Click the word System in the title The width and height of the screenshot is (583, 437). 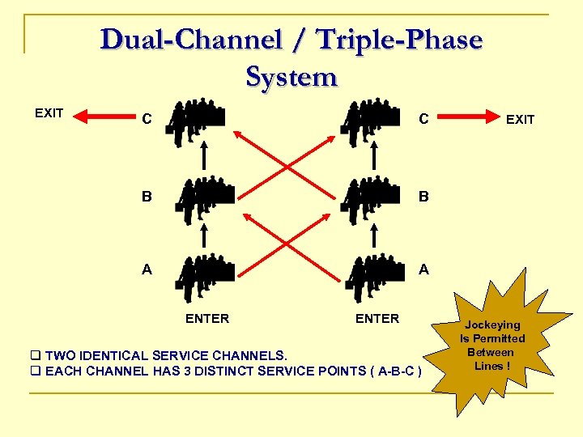[291, 77]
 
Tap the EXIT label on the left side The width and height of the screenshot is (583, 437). [49, 112]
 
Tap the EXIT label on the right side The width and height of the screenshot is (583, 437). [520, 119]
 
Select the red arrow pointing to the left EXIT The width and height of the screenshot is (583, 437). [101, 118]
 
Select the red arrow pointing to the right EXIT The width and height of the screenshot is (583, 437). [469, 117]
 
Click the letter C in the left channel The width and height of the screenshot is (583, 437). [147, 120]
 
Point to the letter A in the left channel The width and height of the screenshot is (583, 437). [147, 270]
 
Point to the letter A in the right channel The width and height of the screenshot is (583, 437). [423, 270]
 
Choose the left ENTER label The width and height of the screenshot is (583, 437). [207, 319]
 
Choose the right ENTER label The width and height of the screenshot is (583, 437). [377, 319]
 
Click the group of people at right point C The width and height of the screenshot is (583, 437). [373, 121]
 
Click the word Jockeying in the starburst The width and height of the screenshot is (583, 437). [492, 325]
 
